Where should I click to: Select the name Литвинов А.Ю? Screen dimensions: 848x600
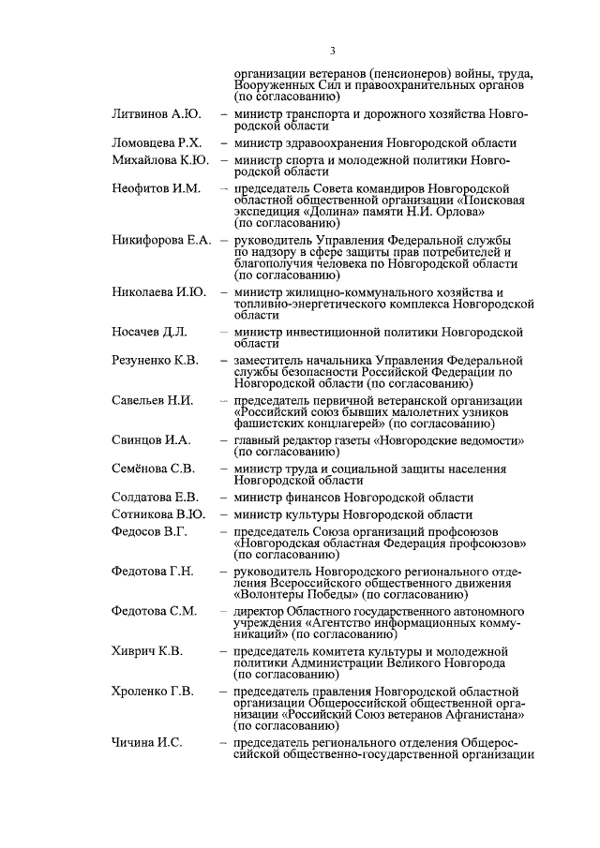156,114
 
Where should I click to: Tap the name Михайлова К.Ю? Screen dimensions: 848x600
160,160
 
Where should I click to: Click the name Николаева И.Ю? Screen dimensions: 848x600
159,293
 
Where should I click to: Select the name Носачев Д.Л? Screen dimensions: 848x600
149,333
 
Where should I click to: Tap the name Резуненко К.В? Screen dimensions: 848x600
155,361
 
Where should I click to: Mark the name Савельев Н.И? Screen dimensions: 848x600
152,400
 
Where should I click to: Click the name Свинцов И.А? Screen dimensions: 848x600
151,439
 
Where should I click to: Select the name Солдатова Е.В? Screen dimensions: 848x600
155,498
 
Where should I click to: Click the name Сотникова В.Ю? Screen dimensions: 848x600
158,514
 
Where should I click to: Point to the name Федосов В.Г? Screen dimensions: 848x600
149,531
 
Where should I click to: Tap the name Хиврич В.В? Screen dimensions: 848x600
148,649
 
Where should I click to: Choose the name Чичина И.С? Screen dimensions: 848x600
146,741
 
